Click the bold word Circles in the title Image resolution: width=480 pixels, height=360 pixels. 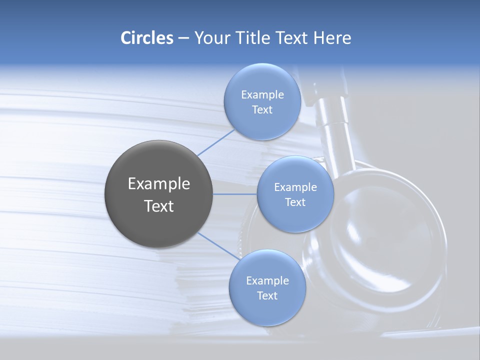tap(146, 38)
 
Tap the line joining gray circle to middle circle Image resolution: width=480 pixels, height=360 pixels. tap(235, 194)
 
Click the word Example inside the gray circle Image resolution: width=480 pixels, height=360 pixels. tap(159, 184)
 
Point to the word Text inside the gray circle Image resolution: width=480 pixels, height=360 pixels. tap(159, 206)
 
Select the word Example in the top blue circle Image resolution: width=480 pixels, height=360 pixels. tap(262, 95)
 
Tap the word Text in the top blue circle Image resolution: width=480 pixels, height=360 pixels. tap(262, 110)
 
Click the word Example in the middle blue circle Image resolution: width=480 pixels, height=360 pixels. tap(295, 187)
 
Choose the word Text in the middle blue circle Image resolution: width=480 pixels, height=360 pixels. tap(295, 202)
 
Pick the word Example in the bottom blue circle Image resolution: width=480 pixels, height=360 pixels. tap(267, 281)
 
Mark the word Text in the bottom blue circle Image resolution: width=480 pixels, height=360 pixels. tap(267, 296)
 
